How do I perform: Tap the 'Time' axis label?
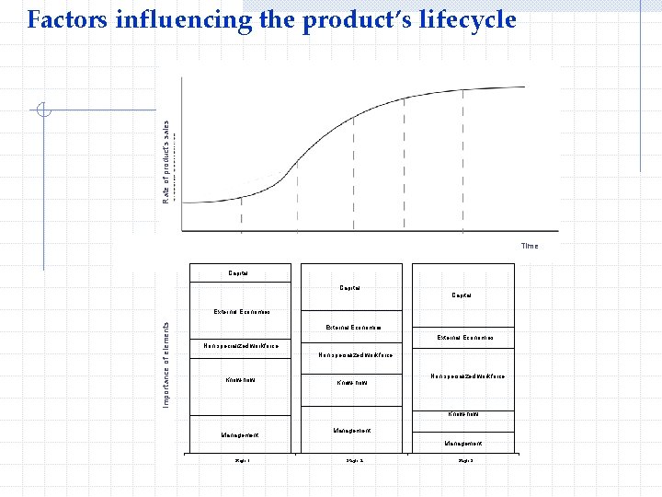coord(530,246)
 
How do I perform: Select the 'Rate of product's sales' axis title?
coord(166,162)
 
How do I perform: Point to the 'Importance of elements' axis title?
coord(166,364)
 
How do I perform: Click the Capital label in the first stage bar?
coord(238,272)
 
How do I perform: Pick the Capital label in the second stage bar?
coord(349,288)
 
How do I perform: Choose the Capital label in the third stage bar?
coord(462,295)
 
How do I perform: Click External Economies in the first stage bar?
coord(242,312)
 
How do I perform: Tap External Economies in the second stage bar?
coord(354,327)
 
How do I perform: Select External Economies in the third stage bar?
coord(465,338)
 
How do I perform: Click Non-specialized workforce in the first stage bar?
coord(241,346)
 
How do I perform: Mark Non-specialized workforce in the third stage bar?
coord(467,376)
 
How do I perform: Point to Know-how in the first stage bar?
coord(240,380)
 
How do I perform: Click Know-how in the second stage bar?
coord(351,382)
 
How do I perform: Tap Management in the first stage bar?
coord(239,434)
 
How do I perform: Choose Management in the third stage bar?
coord(463,444)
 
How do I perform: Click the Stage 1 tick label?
coord(242,460)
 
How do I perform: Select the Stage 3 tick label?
coord(465,460)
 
